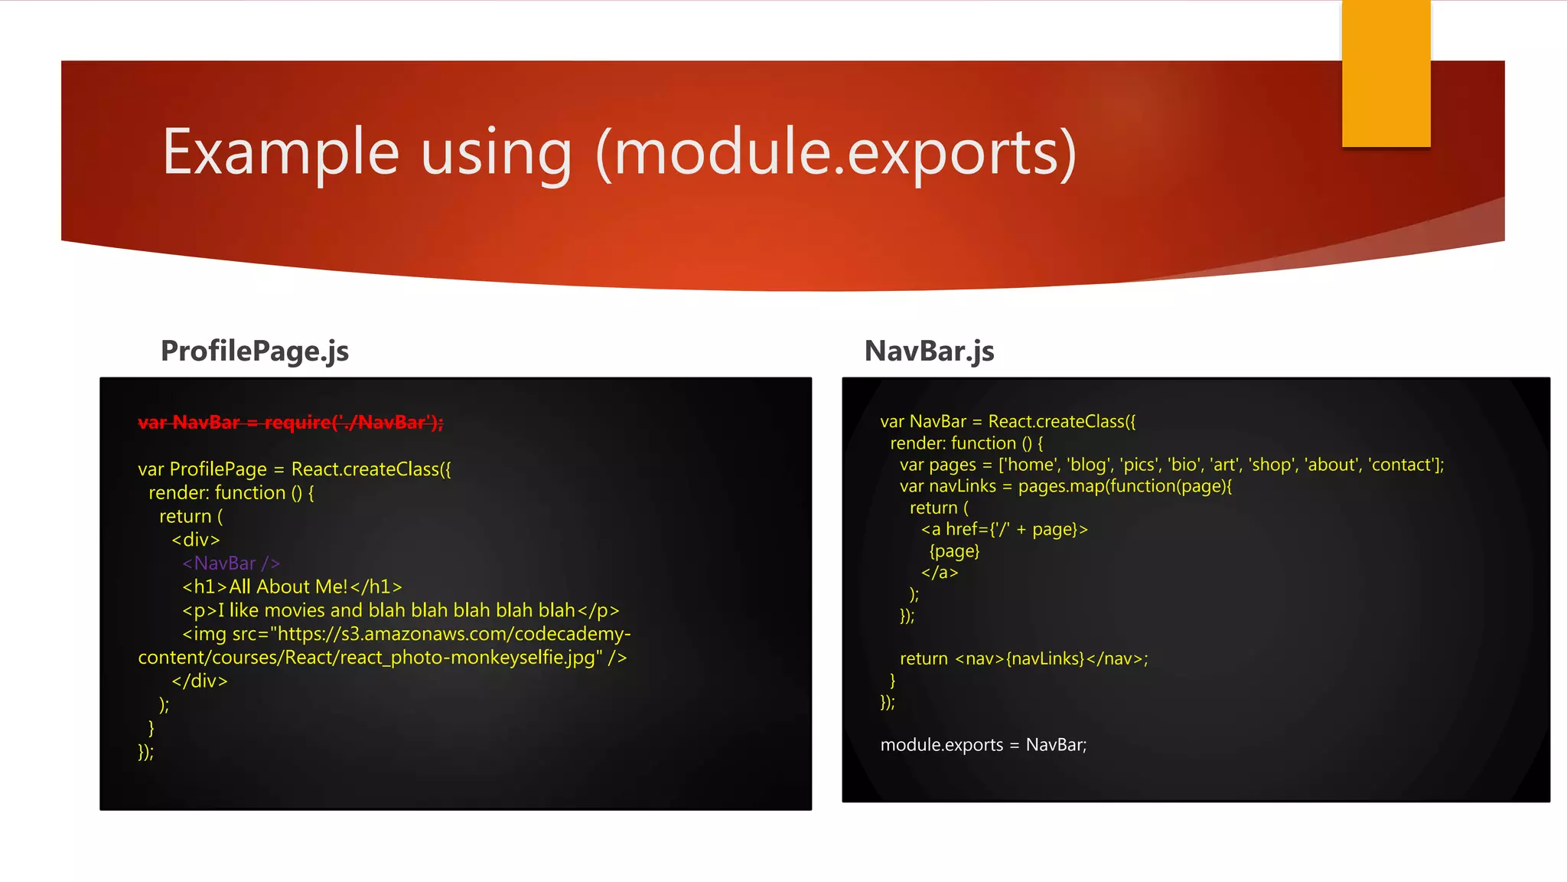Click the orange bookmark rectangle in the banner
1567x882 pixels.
[1386, 73]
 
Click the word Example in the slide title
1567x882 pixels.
[280, 152]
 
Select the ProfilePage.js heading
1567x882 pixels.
[254, 351]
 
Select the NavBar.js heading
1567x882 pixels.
[929, 351]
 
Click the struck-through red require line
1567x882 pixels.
[290, 423]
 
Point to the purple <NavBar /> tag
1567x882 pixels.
[231, 563]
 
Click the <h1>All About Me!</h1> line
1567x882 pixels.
[292, 587]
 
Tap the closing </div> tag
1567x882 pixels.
[199, 681]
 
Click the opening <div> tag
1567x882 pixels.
[196, 540]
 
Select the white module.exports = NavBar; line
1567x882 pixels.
[983, 745]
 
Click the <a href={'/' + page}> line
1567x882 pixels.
[1004, 529]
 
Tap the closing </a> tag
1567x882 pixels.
[940, 573]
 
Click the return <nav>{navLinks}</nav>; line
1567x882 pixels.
[1024, 658]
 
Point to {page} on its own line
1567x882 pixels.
[954, 551]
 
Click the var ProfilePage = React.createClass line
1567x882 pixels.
[295, 469]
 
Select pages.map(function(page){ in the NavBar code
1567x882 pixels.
[1125, 486]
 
